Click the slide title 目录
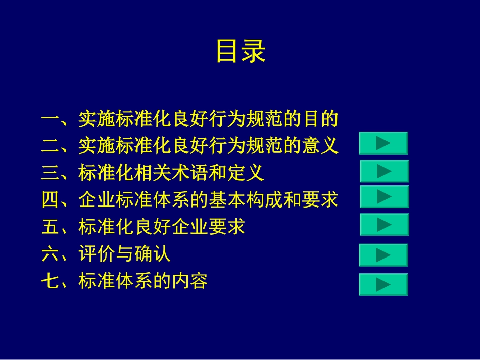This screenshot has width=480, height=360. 241,52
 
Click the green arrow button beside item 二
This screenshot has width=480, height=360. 383,143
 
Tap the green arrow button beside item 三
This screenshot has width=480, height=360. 384,171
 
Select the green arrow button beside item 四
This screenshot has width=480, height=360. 384,196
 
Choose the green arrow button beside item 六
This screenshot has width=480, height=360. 383,255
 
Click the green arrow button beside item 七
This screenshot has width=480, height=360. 383,284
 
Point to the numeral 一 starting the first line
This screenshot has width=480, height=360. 51,120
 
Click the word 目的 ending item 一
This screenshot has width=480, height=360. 319,120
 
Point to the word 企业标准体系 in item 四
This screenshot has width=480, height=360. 133,200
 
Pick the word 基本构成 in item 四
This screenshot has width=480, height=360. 245,200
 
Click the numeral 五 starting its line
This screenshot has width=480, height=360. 51,227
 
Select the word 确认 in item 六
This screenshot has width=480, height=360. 153,254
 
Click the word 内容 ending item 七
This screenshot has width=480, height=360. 189,281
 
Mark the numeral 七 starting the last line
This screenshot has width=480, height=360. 51,281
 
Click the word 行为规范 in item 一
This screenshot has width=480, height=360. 245,120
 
